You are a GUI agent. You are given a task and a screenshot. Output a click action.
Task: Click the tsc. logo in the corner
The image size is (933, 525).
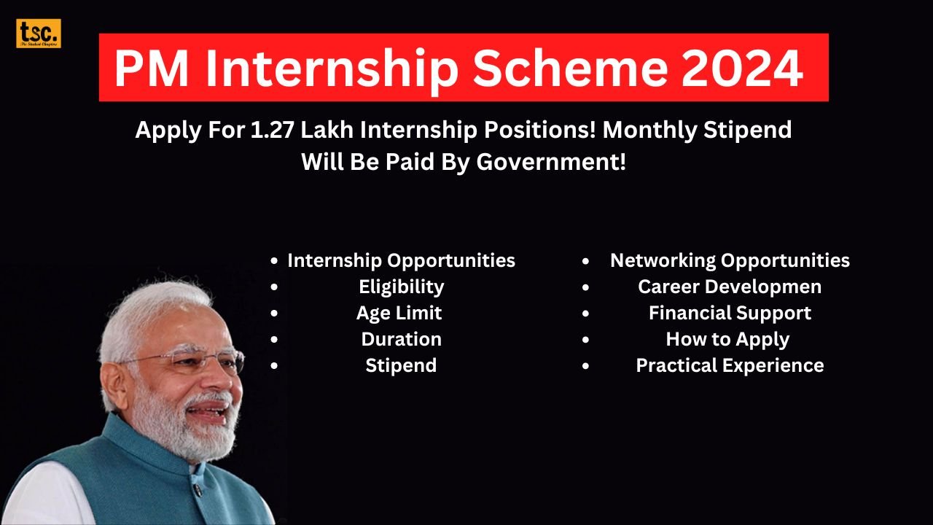click(x=39, y=34)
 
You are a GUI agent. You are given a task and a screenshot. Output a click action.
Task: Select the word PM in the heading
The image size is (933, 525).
click(x=151, y=68)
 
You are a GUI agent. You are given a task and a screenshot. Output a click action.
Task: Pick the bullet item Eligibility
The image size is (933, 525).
click(x=401, y=287)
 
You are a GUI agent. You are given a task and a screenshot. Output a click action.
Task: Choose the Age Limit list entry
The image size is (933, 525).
click(x=399, y=313)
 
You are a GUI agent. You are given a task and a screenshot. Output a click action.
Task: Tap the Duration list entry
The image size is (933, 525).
click(x=401, y=339)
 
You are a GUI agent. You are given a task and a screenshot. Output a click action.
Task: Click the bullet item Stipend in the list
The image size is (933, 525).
click(x=401, y=365)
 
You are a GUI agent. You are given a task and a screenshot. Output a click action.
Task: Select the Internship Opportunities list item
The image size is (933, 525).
click(x=401, y=260)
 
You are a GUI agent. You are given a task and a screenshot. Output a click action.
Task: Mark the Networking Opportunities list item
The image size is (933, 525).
click(x=730, y=260)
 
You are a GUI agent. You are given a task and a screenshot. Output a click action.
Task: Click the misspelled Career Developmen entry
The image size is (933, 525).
click(x=730, y=287)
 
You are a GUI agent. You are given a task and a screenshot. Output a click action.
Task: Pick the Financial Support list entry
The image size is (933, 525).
click(x=730, y=313)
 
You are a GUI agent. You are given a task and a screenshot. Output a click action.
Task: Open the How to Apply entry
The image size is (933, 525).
click(x=727, y=339)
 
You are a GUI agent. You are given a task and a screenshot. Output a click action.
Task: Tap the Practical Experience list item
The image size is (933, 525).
click(x=730, y=365)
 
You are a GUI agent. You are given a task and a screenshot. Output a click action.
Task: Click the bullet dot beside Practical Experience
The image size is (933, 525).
click(x=586, y=366)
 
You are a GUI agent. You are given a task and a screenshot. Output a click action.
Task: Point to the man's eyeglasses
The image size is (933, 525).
click(x=186, y=359)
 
